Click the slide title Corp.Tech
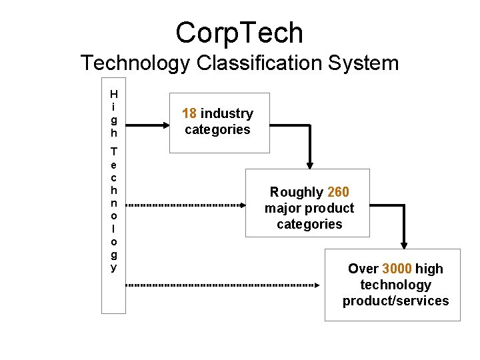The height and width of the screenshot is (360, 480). pyautogui.click(x=239, y=32)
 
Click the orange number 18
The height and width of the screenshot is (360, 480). pyautogui.click(x=189, y=113)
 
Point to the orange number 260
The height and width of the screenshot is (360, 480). pyautogui.click(x=338, y=192)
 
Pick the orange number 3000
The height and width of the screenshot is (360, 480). pyautogui.click(x=397, y=269)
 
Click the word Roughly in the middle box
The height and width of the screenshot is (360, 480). pyautogui.click(x=297, y=192)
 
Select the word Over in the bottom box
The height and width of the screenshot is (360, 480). pyautogui.click(x=363, y=269)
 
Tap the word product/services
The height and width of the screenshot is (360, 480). pyautogui.click(x=395, y=301)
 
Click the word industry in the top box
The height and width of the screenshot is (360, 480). pyautogui.click(x=227, y=113)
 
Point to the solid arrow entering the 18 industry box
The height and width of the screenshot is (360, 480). pyautogui.click(x=147, y=123)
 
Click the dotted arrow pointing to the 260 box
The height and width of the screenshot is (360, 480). pyautogui.click(x=187, y=205)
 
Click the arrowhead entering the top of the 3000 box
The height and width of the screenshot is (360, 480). pyautogui.click(x=403, y=244)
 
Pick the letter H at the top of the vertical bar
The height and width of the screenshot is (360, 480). pyautogui.click(x=114, y=94)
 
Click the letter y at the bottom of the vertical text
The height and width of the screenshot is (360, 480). pyautogui.click(x=114, y=268)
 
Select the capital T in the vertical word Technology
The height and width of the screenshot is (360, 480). pyautogui.click(x=114, y=151)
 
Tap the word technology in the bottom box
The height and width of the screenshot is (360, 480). pyautogui.click(x=395, y=285)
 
